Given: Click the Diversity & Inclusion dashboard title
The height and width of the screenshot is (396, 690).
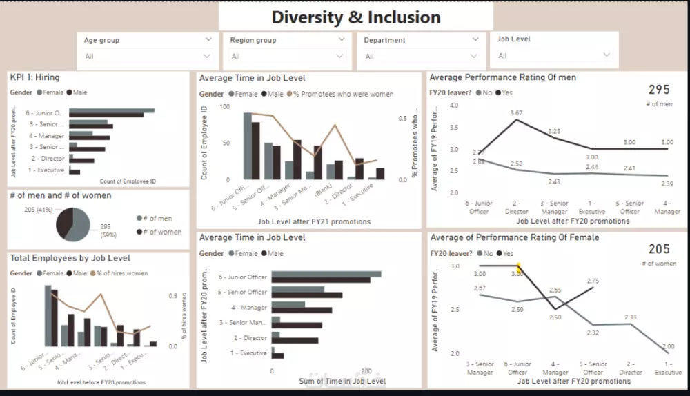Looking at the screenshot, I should (355, 17).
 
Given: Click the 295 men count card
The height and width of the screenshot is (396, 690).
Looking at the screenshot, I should (659, 90).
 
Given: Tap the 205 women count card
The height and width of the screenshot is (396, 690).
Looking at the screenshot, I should (659, 249).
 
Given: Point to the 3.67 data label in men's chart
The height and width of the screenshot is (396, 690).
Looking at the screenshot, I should (517, 112).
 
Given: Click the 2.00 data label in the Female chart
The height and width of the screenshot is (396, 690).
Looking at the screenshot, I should (668, 347).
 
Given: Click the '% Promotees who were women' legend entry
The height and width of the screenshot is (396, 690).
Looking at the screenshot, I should (344, 94).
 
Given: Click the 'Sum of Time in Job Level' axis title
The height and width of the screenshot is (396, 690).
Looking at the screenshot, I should (342, 381).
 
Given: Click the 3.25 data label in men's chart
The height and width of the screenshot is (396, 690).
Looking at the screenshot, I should (554, 131).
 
